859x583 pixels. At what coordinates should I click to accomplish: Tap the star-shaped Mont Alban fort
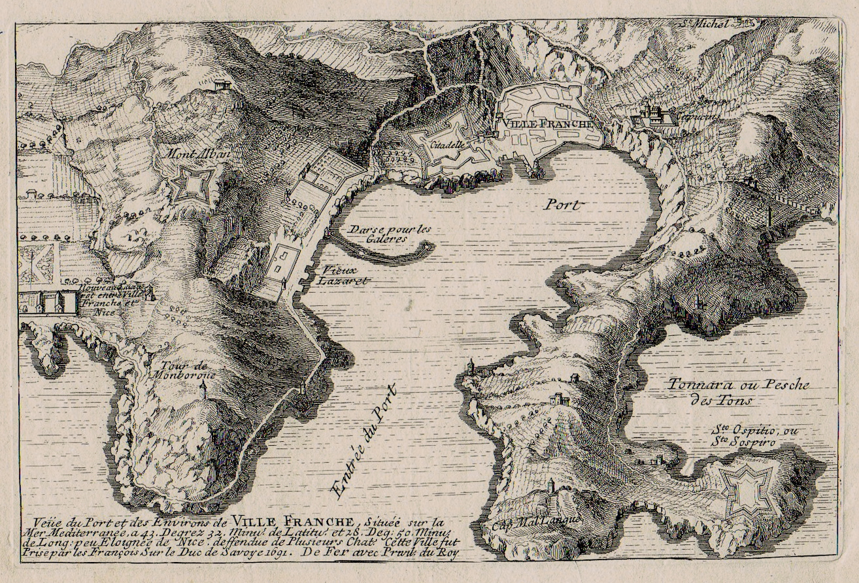[194, 185]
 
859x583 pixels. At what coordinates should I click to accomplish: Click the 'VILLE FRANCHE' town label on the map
[547, 124]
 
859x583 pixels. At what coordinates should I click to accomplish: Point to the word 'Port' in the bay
[562, 205]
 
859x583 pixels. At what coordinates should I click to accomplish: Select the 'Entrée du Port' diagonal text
[365, 442]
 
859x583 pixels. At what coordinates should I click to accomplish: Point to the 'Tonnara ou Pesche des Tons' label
[738, 392]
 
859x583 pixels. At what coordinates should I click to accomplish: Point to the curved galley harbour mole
[386, 254]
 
